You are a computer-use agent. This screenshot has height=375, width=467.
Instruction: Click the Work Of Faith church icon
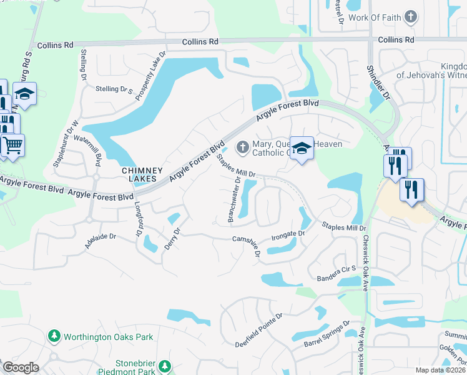click(x=411, y=17)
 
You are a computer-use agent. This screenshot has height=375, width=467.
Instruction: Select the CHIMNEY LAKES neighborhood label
click(x=142, y=174)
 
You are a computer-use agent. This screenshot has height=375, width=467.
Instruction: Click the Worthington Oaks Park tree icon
click(x=54, y=337)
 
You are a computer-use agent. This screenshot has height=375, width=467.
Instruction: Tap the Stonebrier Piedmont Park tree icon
click(x=165, y=366)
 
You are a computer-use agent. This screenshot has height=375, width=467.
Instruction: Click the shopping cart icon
click(x=12, y=144)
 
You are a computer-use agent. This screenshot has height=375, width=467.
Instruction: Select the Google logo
click(x=21, y=367)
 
